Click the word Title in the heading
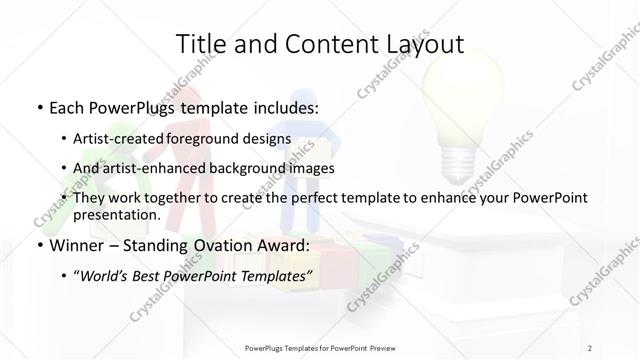pos(200,43)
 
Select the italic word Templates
pos(273,274)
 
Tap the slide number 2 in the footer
pos(591,347)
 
